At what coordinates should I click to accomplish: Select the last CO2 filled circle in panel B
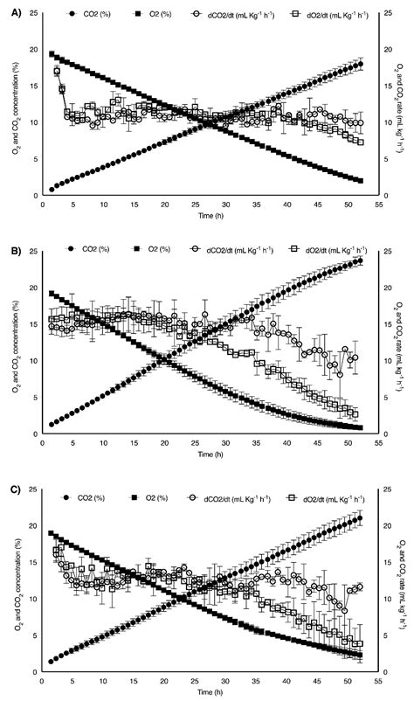[360, 260]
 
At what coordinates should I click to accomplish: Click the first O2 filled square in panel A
[52, 54]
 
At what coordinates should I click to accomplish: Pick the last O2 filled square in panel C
[360, 656]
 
